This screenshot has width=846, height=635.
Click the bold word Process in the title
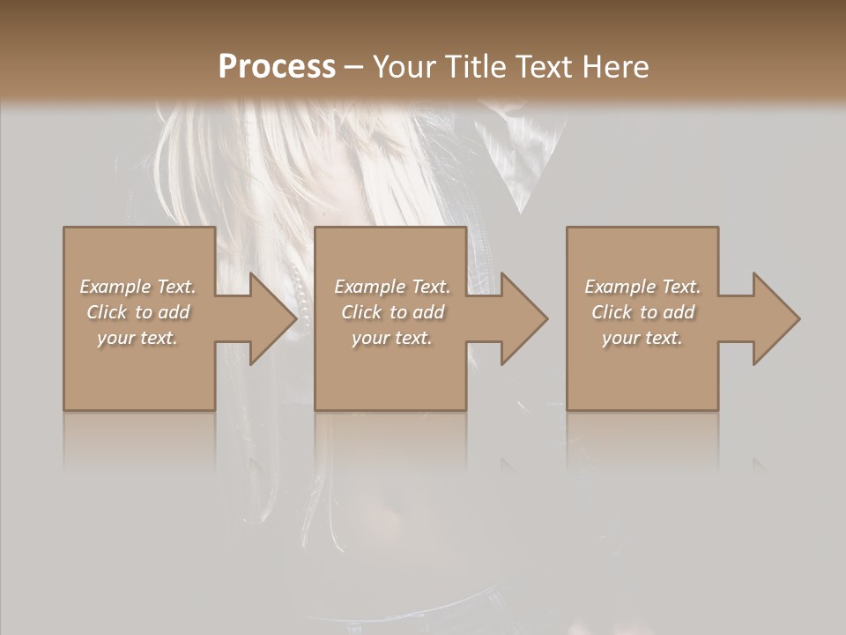[277, 67]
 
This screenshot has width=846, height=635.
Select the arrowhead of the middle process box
[523, 318]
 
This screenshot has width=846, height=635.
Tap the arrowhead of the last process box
[775, 318]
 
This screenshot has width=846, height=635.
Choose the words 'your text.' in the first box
[137, 338]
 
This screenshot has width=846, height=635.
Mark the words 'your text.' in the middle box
[392, 338]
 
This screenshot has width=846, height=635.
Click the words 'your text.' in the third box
[642, 338]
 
